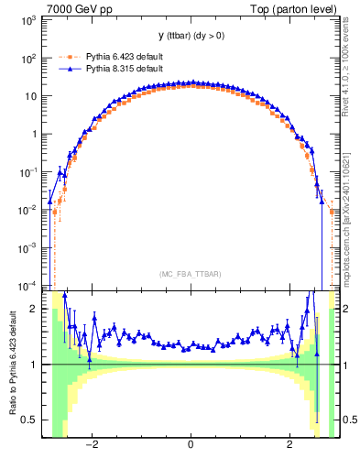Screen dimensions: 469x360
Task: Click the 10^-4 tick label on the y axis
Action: tap(31, 285)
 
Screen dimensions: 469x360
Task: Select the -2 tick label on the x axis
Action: tap(90, 445)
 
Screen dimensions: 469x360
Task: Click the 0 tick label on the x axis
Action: tap(190, 445)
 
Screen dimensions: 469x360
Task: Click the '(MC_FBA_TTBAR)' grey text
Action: tap(190, 274)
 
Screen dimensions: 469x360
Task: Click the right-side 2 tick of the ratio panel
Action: tap(344, 309)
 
